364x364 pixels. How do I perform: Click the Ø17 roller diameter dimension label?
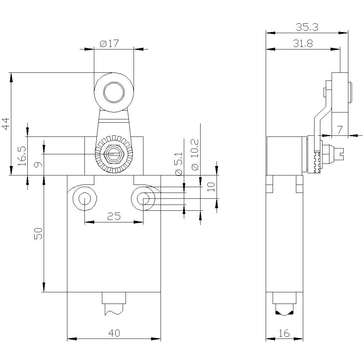coord(109,44)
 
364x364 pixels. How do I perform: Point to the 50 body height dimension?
coord(39,233)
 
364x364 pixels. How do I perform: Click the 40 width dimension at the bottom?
coord(114,333)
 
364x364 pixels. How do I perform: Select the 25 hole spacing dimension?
coord(114,217)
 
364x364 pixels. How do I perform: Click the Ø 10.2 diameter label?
coord(195,155)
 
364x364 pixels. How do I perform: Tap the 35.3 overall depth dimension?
coord(307,27)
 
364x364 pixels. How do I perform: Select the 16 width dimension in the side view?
coord(284,333)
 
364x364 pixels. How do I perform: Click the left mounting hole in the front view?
coord(85,199)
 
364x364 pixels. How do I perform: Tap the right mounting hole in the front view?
coord(143,199)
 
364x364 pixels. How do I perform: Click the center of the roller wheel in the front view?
coord(114,93)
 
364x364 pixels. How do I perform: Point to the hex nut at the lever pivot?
coord(114,154)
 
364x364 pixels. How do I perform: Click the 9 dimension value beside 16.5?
coord(36,164)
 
